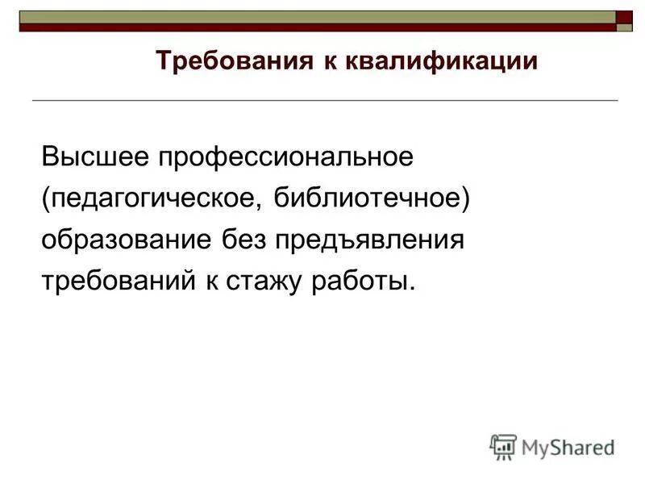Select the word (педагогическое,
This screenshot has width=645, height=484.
click(x=152, y=198)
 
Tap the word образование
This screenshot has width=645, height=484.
click(x=125, y=240)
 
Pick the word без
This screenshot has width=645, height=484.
click(x=243, y=240)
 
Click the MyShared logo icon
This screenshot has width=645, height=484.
click(x=502, y=446)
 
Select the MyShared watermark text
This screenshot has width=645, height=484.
click(x=568, y=447)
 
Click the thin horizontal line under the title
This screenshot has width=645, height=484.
click(x=322, y=99)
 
